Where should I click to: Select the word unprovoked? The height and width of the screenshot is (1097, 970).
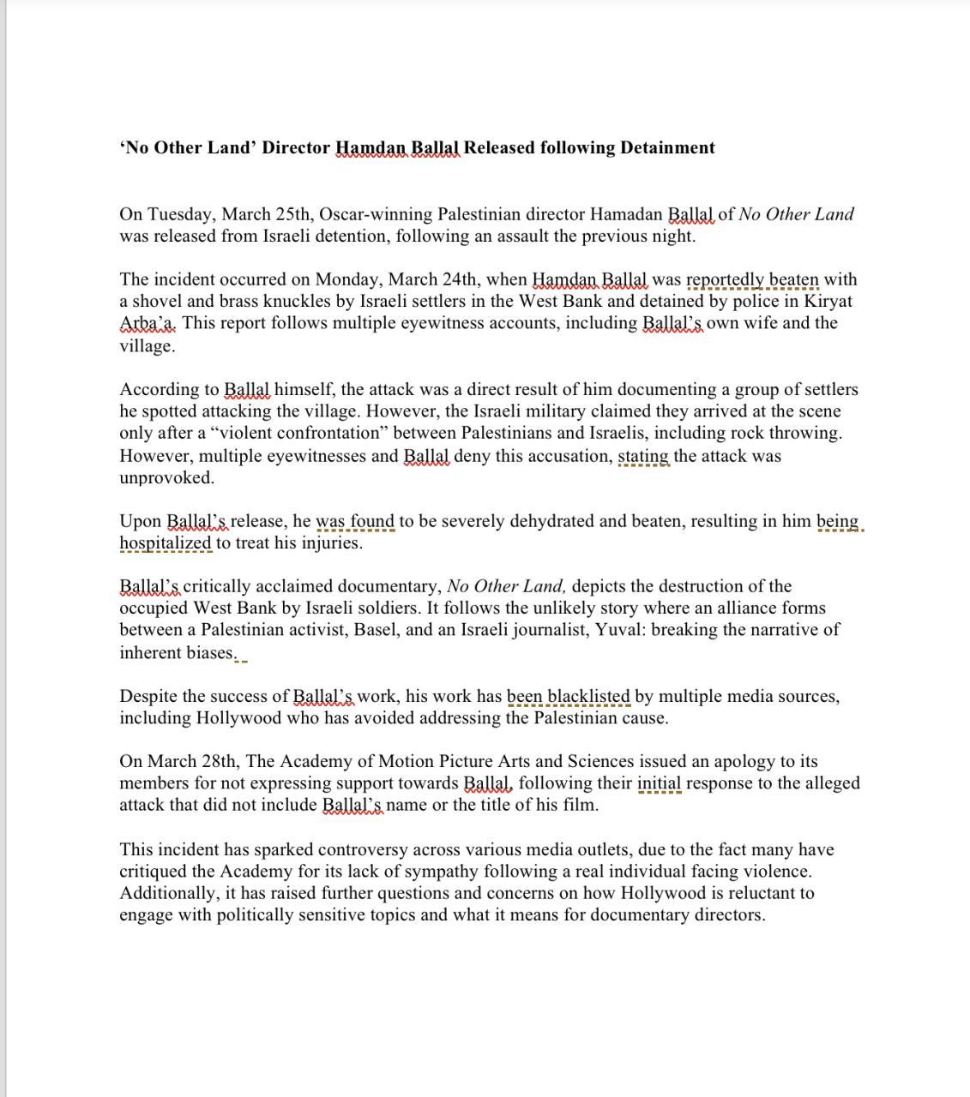tap(166, 477)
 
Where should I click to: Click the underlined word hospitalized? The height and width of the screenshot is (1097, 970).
tap(165, 543)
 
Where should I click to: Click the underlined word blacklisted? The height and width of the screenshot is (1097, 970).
tap(588, 696)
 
